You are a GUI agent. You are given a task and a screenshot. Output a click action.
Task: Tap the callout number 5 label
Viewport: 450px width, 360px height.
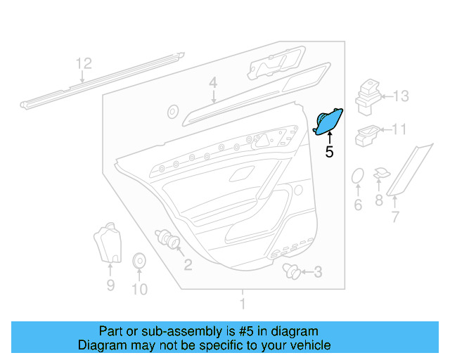point(329,150)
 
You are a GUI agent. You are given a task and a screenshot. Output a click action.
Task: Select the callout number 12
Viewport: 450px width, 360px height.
point(84,64)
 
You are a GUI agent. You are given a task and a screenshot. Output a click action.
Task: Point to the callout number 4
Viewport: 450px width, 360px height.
point(212,84)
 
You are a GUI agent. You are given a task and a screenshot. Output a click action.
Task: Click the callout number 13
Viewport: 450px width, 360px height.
point(400,96)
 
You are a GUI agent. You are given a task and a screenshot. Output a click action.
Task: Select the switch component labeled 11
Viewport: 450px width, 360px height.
point(368,132)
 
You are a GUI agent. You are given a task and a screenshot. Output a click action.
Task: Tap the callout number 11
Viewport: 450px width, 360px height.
point(399,129)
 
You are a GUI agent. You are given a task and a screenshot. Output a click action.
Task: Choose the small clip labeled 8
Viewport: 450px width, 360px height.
point(381,173)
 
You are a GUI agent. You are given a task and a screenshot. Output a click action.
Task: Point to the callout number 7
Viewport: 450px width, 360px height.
point(394,217)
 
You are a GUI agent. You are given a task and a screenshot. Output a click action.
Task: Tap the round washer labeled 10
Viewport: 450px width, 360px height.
point(139,262)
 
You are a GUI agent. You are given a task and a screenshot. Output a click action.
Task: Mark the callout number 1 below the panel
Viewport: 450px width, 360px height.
point(243,304)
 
